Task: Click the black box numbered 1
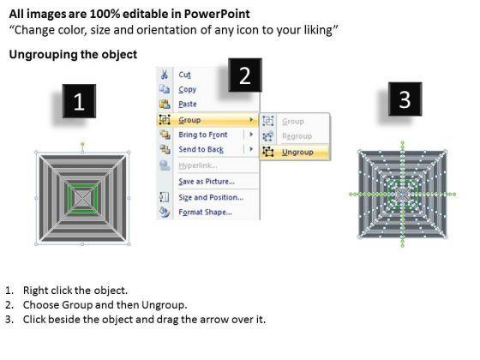[79, 101]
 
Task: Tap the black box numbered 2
[245, 75]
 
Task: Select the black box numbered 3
[405, 99]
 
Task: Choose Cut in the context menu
[184, 75]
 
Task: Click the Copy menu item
[188, 89]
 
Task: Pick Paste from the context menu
[188, 104]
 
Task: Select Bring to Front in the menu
[203, 135]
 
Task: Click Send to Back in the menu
[201, 149]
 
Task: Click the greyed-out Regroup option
[297, 136]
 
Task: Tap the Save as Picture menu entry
[207, 182]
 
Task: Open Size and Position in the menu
[211, 197]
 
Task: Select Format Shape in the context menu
[205, 213]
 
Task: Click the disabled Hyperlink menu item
[198, 165]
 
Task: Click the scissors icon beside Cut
[165, 75]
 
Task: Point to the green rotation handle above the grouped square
[82, 143]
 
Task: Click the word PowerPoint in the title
[217, 14]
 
